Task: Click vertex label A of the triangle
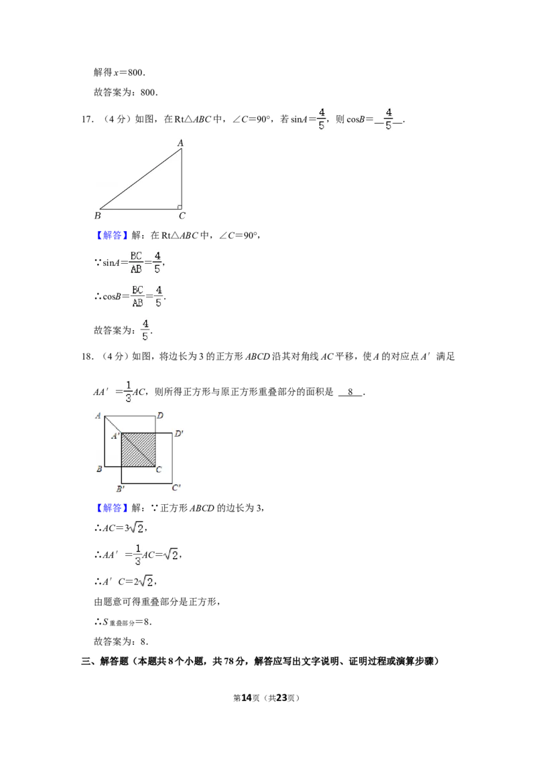coord(180,143)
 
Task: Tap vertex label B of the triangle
coord(98,216)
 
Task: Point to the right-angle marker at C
coord(180,207)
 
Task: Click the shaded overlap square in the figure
coord(138,449)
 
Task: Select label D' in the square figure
coord(178,434)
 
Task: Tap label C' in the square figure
coord(176,487)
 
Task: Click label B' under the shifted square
coord(120,488)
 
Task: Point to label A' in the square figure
coord(115,436)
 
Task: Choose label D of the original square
coord(160,416)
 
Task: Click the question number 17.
coord(87,119)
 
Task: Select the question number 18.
coord(87,357)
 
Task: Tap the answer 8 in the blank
coord(350,392)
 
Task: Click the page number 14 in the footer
coord(247,698)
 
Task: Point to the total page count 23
coord(281,698)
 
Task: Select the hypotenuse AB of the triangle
coord(140,179)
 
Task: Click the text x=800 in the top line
coord(129,72)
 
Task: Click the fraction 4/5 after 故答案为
coord(145,330)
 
